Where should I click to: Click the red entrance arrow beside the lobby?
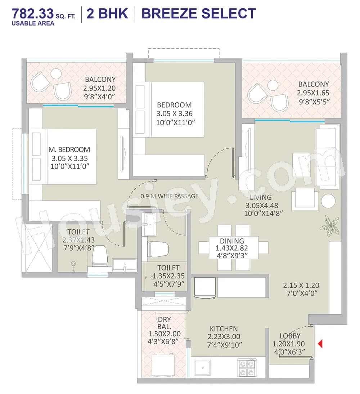(x=320, y=344)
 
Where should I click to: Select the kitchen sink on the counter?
(x=203, y=368)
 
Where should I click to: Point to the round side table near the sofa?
(x=328, y=201)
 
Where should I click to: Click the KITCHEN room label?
(x=224, y=329)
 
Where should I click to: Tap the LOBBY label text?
(x=290, y=336)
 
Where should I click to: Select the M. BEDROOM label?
(x=69, y=149)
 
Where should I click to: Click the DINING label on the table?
(x=232, y=241)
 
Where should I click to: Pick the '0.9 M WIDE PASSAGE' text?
(x=169, y=196)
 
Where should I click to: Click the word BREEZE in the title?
(x=168, y=14)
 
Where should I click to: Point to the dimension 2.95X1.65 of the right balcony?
(x=313, y=93)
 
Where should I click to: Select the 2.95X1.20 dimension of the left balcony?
(x=99, y=88)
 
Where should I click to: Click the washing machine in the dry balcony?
(x=162, y=364)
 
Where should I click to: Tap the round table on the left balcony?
(x=56, y=74)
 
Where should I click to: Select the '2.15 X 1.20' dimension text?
(x=301, y=285)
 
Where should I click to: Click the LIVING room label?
(x=261, y=197)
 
